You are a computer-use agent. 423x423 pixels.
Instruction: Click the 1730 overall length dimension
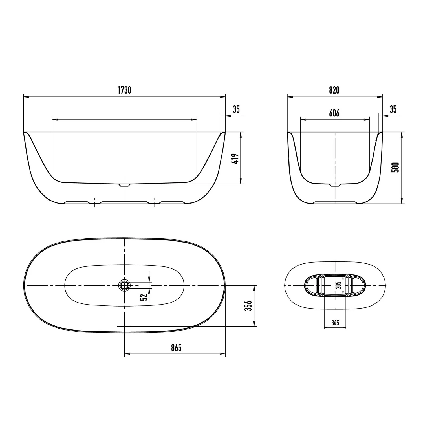coord(124,90)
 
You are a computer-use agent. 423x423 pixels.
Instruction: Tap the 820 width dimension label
coord(334,90)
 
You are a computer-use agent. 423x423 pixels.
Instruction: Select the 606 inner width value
coord(334,113)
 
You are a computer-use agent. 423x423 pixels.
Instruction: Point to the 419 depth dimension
coord(236,159)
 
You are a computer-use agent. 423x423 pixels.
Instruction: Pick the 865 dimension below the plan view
coord(176,348)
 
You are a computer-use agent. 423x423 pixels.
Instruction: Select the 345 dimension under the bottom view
coord(335,323)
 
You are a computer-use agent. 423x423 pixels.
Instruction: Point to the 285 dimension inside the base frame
coord(339,285)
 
